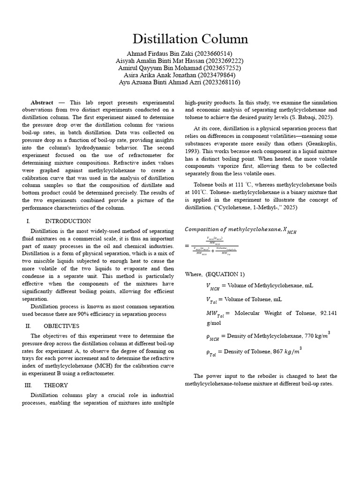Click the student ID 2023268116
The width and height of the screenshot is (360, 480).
221,82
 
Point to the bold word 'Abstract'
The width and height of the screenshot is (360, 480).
42,103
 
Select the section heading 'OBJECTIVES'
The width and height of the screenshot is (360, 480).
61,326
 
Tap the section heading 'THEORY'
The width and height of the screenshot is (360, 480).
56,385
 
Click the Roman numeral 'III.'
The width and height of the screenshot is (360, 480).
28,385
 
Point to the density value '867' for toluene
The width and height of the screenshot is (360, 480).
278,352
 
